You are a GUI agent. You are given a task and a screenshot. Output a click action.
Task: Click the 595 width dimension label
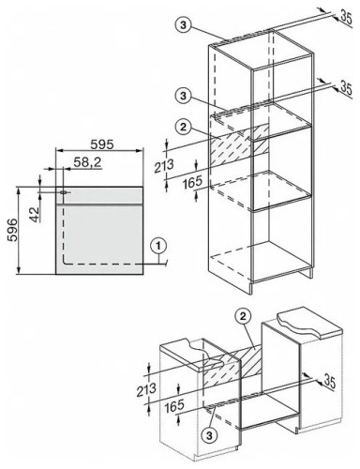(102, 144)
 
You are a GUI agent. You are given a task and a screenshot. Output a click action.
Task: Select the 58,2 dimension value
(88, 162)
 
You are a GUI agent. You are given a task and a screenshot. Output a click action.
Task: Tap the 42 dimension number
(36, 215)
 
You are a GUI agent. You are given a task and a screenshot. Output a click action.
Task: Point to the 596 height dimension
(12, 230)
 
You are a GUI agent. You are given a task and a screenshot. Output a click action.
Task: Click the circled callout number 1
(159, 246)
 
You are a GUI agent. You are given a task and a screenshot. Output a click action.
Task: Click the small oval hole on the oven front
(63, 192)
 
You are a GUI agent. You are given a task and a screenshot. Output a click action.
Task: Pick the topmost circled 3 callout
(184, 24)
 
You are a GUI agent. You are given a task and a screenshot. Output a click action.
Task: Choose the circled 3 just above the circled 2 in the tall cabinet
(184, 96)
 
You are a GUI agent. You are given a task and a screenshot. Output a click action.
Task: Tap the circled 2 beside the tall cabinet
(184, 127)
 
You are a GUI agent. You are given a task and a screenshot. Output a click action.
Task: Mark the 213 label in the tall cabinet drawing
(164, 166)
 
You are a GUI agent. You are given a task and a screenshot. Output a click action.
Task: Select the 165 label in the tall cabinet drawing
(192, 183)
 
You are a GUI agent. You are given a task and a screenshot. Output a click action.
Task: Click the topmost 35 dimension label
(346, 18)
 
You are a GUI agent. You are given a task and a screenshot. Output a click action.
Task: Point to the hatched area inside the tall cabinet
(239, 145)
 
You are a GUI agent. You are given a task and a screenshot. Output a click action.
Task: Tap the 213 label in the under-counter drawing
(146, 389)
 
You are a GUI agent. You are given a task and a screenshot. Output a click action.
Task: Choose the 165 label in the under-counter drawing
(174, 405)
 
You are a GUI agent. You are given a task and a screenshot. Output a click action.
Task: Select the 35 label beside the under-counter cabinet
(329, 381)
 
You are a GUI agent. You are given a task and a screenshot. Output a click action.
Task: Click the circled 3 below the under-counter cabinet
(210, 435)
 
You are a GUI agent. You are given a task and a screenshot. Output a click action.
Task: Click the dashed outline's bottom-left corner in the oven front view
(64, 264)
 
